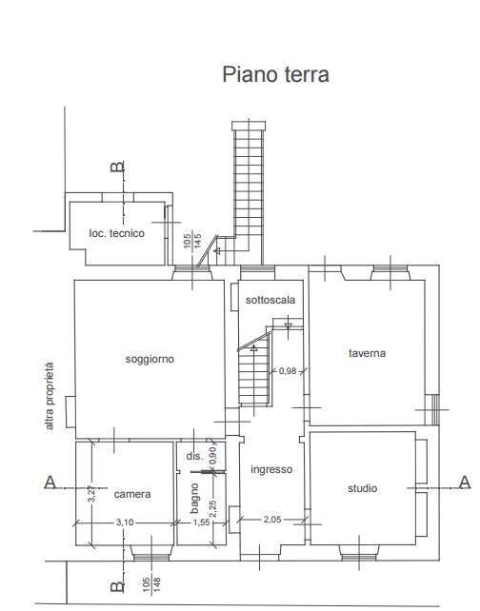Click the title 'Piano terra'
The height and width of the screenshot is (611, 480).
[x=275, y=74]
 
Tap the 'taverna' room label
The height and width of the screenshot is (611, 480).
[x=366, y=353]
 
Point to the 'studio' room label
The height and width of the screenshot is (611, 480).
[x=361, y=488]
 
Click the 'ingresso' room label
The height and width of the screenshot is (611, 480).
[x=271, y=470]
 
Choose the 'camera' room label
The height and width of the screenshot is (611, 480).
[x=132, y=494]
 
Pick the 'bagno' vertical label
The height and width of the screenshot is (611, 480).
[x=194, y=498]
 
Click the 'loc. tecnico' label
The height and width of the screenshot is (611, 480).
[x=117, y=233]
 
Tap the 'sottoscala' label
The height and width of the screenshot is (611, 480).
[x=270, y=300]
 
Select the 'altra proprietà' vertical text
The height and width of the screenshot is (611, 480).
[x=50, y=397]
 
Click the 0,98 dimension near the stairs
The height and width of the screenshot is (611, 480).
[x=286, y=370]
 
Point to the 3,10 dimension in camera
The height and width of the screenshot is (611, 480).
[x=125, y=522]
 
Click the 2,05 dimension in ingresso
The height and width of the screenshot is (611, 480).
[x=274, y=519]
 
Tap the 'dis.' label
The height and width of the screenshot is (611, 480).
[x=194, y=457]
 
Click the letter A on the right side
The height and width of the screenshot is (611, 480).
[x=464, y=483]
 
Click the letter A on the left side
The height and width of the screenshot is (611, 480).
[x=50, y=483]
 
